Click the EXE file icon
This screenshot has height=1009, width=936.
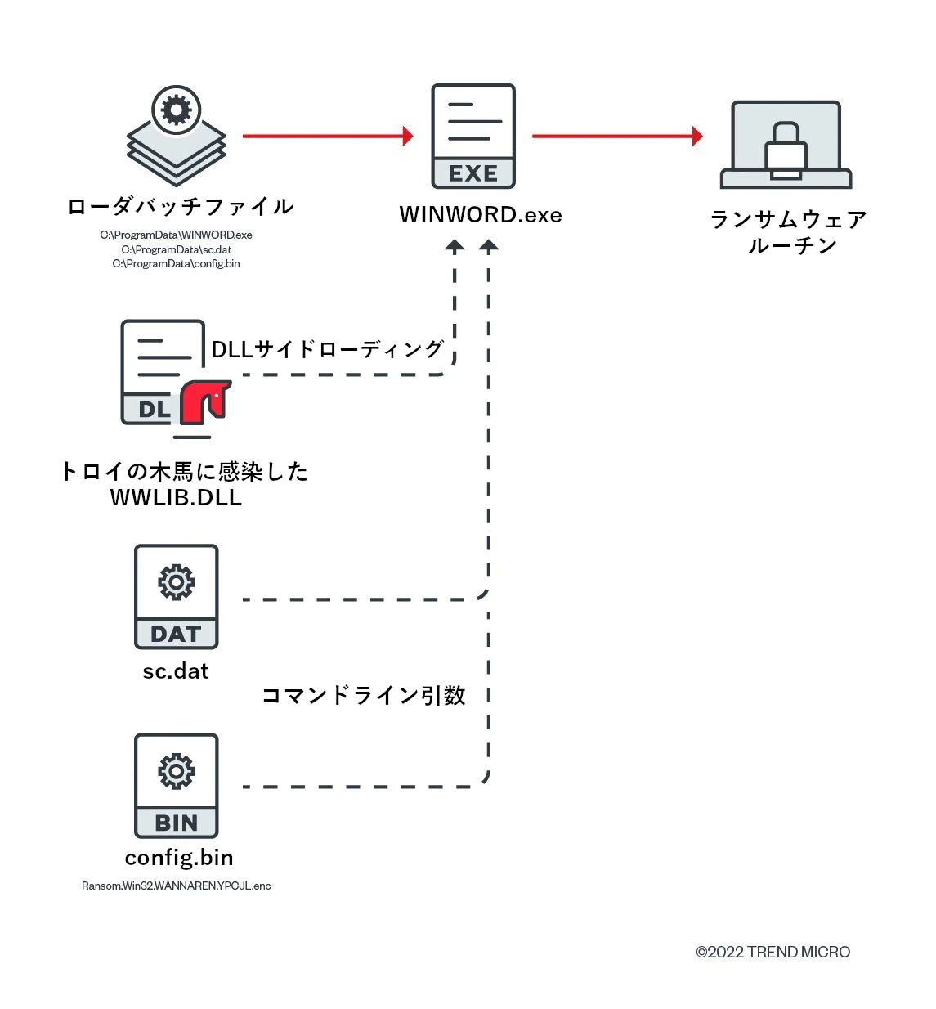(473, 136)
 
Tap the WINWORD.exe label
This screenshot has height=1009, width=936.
(481, 215)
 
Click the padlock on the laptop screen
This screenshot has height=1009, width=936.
(786, 149)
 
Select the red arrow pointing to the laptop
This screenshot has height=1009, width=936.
(617, 137)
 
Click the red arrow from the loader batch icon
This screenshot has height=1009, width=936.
(328, 137)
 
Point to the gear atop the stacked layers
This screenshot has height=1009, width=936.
(177, 110)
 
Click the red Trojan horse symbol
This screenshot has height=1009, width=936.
(204, 401)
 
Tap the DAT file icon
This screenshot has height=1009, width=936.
(177, 597)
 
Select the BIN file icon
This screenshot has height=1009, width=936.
(177, 785)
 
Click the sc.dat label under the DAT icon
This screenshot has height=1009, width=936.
(176, 671)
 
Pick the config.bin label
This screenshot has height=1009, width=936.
(179, 858)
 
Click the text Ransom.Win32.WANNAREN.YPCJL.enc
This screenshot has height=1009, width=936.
(177, 886)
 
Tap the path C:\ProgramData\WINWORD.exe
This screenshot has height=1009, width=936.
(177, 235)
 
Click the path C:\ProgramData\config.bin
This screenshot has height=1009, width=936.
(177, 263)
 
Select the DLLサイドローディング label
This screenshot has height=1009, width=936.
(328, 350)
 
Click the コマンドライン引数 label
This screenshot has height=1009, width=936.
(364, 696)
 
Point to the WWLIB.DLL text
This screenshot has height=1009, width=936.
(177, 498)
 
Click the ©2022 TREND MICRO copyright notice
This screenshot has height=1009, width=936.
(773, 952)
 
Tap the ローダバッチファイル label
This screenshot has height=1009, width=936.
(181, 207)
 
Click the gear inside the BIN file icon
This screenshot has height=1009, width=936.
(177, 771)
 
